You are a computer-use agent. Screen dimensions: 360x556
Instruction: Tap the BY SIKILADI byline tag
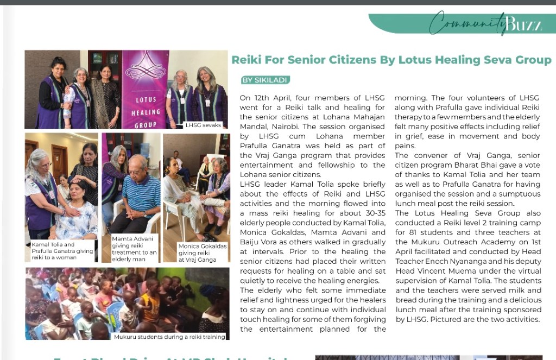coord(265,80)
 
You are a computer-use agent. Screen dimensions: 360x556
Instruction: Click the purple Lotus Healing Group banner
coord(145,90)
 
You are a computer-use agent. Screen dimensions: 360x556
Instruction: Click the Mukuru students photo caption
coord(169,337)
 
